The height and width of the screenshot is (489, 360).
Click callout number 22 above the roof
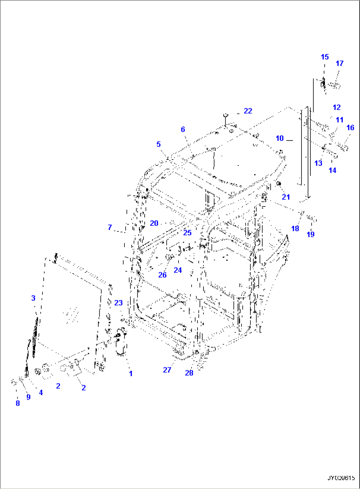[248, 111]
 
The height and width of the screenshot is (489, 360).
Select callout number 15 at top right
[325, 57]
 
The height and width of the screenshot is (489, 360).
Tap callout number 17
[340, 63]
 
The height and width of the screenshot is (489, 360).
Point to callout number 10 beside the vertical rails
[280, 138]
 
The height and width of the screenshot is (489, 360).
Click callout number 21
[286, 197]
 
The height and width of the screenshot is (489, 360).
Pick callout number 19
[310, 234]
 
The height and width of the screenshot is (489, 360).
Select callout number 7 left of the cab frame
[110, 227]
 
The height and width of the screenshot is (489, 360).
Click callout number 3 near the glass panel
[33, 298]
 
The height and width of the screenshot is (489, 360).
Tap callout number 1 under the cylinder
[131, 373]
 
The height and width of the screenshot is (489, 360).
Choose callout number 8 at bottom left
[18, 403]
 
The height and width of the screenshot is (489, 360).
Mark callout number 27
[167, 370]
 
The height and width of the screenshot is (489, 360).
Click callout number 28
[189, 373]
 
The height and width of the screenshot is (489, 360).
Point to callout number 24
[178, 270]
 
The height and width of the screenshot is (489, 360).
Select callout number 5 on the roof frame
[159, 144]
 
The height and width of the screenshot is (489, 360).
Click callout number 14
[332, 170]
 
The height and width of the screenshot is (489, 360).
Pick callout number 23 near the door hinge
[118, 303]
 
